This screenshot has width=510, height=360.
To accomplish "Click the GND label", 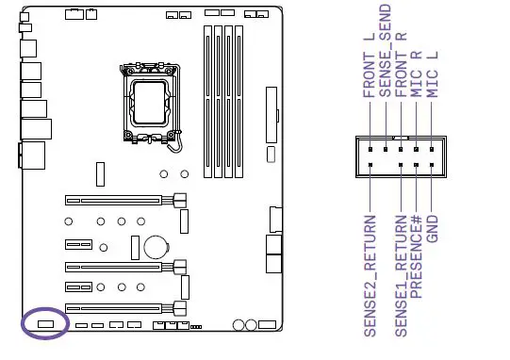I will (x=432, y=229).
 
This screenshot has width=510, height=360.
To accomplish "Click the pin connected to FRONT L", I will (x=370, y=149).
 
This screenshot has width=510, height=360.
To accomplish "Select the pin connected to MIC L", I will (x=431, y=149).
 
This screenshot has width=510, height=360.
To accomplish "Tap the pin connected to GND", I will (x=431, y=165).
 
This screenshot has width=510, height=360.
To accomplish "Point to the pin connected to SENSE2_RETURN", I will (x=370, y=165).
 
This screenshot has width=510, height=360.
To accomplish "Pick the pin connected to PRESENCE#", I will (x=416, y=165).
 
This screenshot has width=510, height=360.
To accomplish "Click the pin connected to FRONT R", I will (x=401, y=149).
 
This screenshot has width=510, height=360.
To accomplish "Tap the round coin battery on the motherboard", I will (x=154, y=247).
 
